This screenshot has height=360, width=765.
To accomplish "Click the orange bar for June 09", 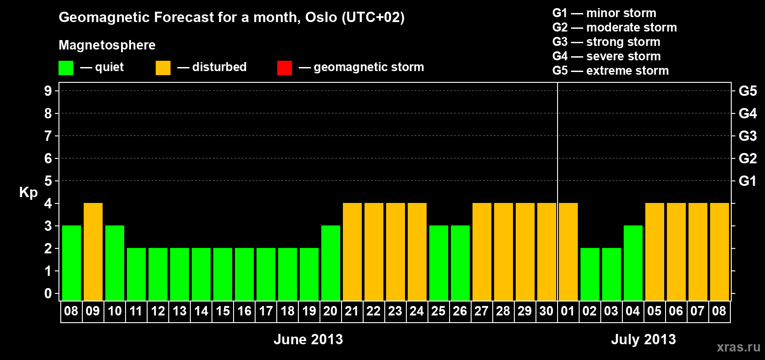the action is coord(93,252).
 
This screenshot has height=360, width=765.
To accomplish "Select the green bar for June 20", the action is coord(331,263).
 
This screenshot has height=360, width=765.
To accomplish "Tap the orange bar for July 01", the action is coord(568,252).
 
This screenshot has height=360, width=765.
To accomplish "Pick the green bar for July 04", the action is coord(633,263).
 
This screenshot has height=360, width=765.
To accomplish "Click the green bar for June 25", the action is coord(438,263).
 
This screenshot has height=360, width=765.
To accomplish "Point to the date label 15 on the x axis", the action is coord(223,311).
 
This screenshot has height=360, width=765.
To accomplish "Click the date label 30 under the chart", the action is coord(546,311).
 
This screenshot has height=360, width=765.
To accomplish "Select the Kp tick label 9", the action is coord(48,91).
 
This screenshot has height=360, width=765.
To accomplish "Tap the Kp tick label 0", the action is coord(48,293).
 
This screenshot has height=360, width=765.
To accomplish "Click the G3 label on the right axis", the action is coord(748,136).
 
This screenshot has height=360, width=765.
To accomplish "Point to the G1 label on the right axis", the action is coord(748,181).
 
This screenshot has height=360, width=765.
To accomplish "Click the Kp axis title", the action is coord(28,193).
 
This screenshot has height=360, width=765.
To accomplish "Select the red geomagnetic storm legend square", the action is coord(284,67).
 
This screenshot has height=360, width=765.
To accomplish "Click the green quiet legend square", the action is coord(66,67).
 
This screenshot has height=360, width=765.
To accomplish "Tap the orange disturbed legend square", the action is coord(163,67).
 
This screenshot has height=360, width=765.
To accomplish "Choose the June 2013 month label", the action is coord(308,339).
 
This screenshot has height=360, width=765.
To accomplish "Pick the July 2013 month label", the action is coord(643,339).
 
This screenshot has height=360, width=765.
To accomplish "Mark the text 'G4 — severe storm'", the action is coord(607,56).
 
